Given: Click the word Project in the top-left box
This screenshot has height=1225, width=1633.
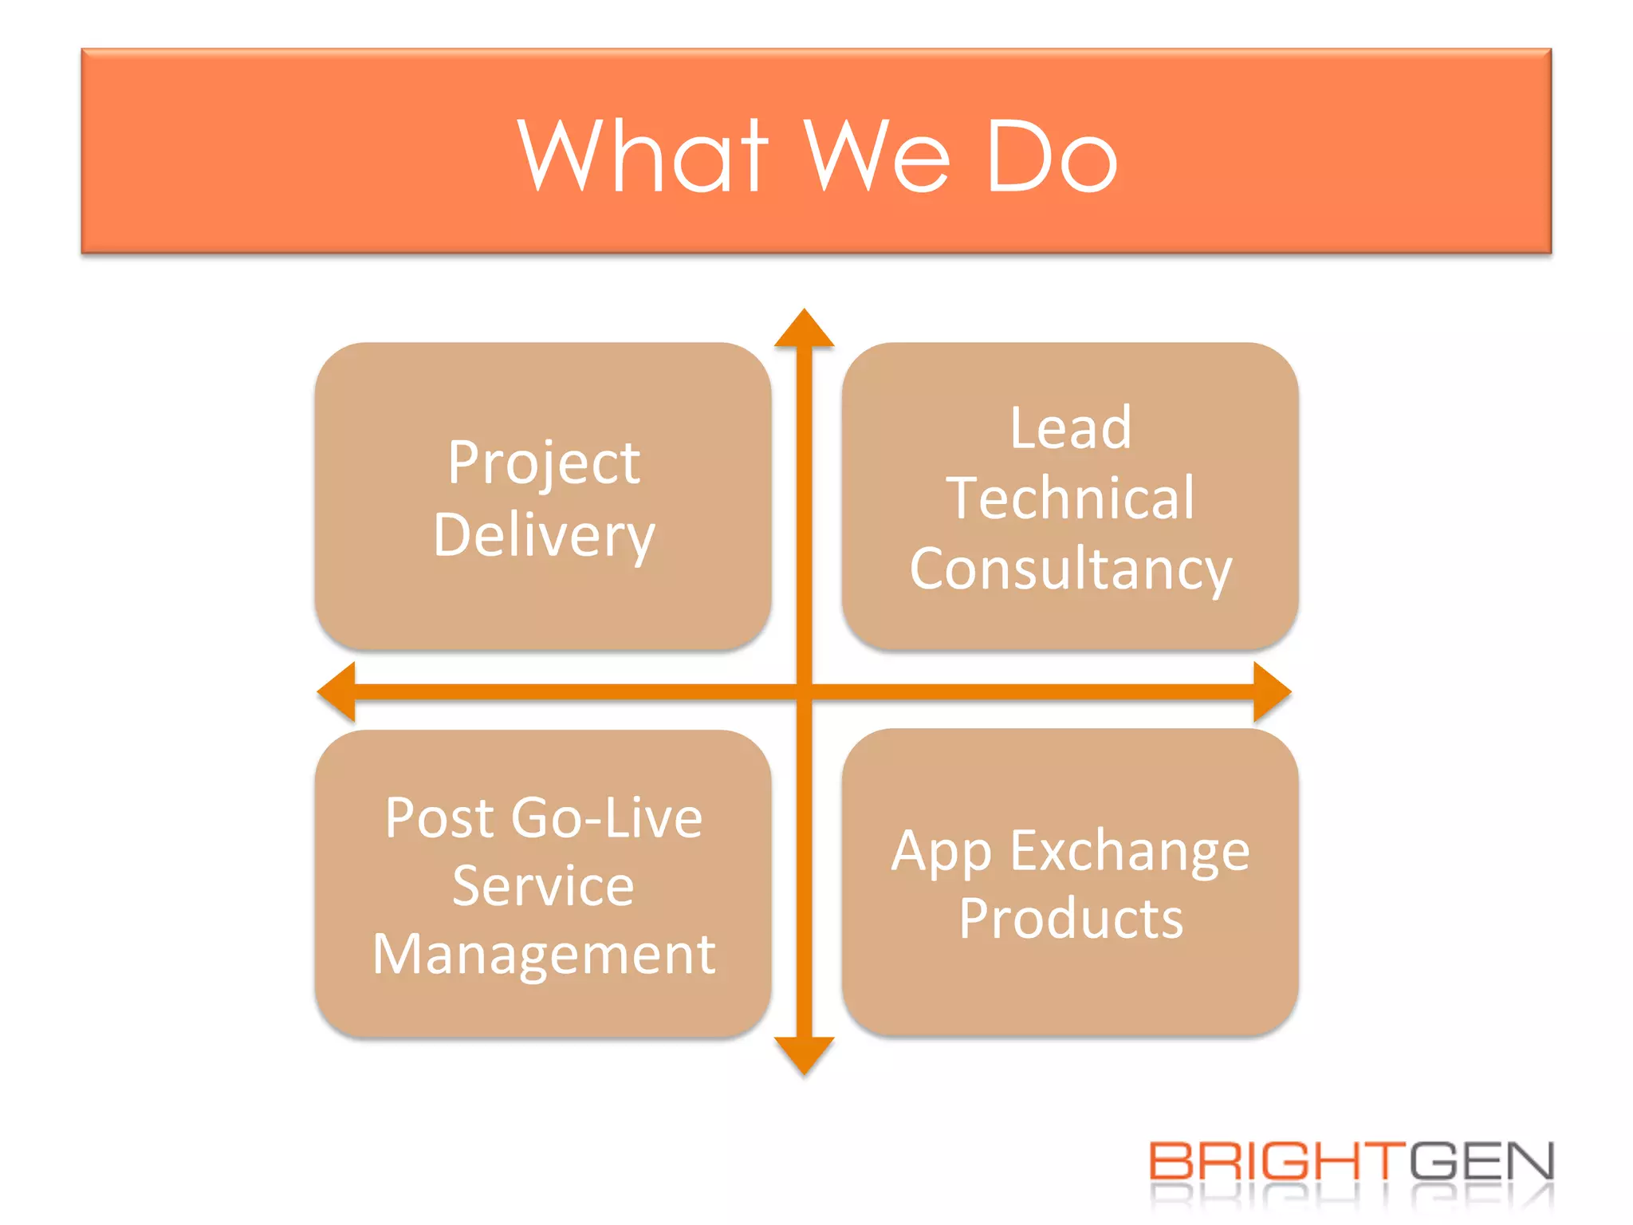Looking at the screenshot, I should [543, 463].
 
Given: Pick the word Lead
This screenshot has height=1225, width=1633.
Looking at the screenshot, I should [1070, 428].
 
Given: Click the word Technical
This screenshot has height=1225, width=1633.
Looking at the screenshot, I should [1070, 498].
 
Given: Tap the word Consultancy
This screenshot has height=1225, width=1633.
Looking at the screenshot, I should [1070, 569].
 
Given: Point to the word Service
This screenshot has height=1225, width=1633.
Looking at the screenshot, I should [543, 886].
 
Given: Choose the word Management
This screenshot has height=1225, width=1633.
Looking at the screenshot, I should [543, 955].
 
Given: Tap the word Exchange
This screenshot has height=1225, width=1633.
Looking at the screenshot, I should [1130, 851].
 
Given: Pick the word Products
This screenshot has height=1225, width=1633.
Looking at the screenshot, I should [1070, 919].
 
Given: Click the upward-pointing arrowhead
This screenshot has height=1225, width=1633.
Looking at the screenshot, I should [804, 330].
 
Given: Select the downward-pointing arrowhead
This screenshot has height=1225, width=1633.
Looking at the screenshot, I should [804, 1054].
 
